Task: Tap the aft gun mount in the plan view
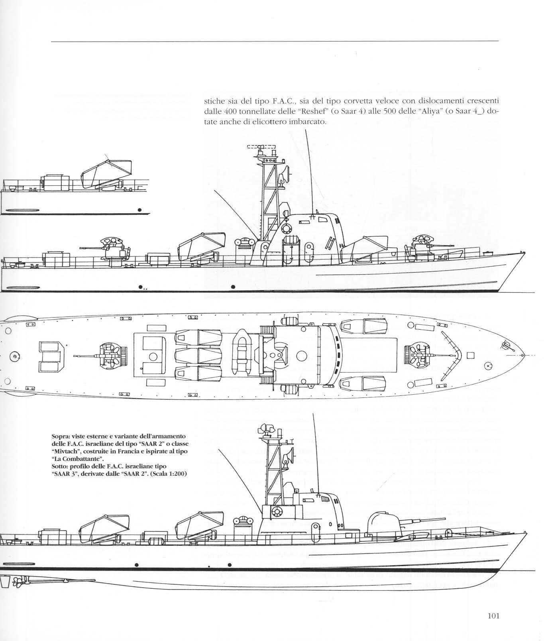click(110, 354)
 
